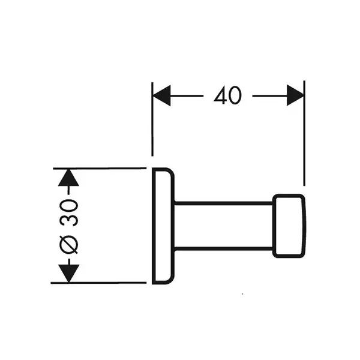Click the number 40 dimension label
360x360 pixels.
(227, 95)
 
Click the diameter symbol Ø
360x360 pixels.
(69, 245)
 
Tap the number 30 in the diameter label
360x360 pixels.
(69, 213)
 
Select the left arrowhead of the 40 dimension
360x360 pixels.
(161, 95)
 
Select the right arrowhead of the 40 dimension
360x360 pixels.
(295, 95)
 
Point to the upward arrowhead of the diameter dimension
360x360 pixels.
(68, 178)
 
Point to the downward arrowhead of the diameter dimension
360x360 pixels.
(68, 273)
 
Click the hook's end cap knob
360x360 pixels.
(289, 226)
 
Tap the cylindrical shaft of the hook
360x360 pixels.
(223, 226)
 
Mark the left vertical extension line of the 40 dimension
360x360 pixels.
(152, 119)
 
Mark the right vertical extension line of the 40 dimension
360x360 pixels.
(304, 133)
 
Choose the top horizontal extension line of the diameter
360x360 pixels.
(100, 168)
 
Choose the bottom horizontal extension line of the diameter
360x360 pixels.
(98, 283)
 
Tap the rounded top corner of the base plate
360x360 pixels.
(171, 172)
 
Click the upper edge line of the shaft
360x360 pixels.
(223, 203)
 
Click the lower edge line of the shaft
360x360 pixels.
(223, 248)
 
